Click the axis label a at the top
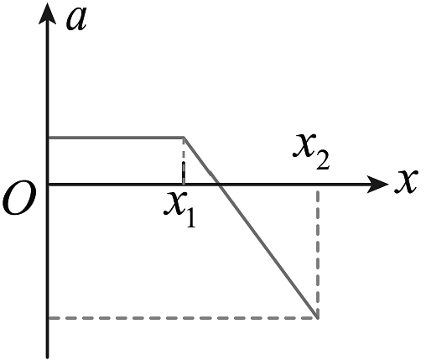76,19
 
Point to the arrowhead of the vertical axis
47,14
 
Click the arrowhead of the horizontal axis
377,184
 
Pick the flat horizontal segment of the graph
117,138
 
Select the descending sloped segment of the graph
251,227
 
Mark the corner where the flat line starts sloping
184,138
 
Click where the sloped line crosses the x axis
219,184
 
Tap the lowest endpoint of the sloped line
318,318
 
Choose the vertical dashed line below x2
318,254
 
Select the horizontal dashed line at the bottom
184,318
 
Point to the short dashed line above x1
184,161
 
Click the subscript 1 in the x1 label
190,218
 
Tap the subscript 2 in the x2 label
323,160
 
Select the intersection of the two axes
48,184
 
